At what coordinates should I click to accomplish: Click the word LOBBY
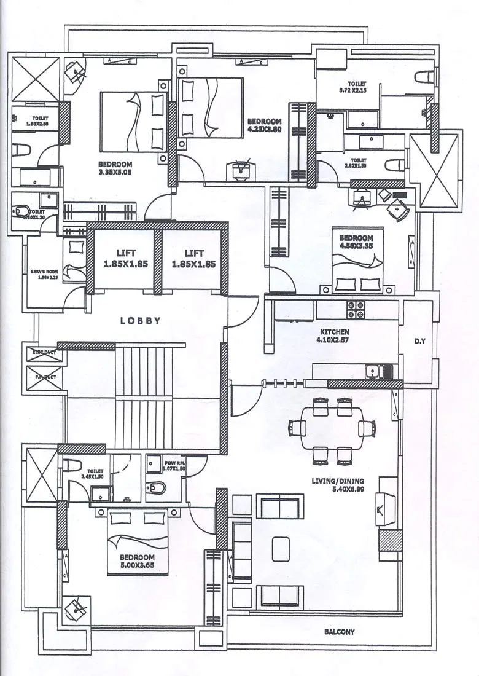141,321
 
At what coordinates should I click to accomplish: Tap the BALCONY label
339,631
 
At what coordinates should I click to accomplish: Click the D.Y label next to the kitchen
420,340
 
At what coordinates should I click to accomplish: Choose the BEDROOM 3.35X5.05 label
115,168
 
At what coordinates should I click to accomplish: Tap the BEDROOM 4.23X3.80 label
264,125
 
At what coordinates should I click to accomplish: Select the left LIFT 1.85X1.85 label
126,258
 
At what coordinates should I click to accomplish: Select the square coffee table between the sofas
281,546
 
